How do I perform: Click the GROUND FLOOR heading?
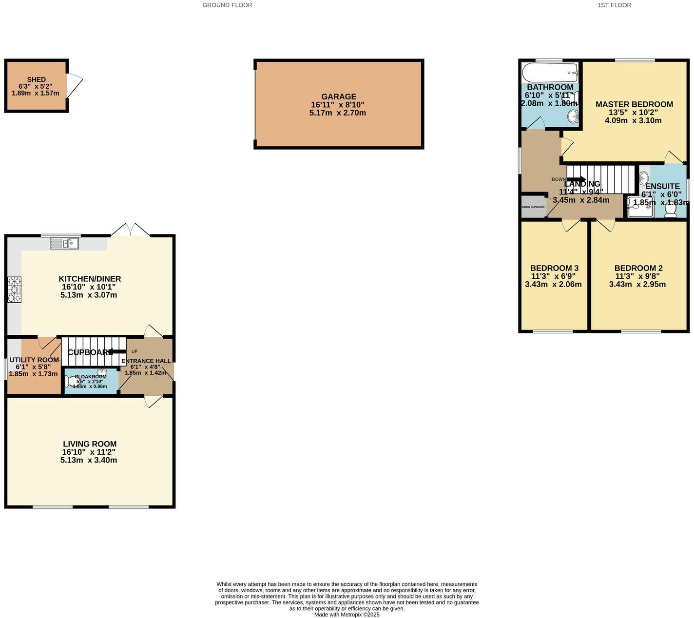(x=227, y=5)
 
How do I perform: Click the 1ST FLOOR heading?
(x=614, y=5)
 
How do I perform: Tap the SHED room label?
(x=36, y=79)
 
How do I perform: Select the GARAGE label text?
(x=339, y=97)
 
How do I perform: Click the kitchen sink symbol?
(x=64, y=243)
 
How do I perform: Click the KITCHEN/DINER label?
(x=90, y=279)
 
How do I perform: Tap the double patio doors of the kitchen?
(x=130, y=231)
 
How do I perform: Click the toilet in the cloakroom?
(x=71, y=381)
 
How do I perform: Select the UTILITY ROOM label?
(x=34, y=360)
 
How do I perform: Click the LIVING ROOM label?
(x=90, y=444)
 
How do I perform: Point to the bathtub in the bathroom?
(x=549, y=74)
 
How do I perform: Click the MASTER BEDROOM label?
(x=634, y=104)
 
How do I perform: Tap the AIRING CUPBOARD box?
(x=533, y=207)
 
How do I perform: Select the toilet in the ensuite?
(x=671, y=210)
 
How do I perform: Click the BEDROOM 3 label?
(x=554, y=268)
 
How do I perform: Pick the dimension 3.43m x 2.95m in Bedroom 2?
(x=637, y=285)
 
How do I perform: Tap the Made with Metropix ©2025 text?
(x=347, y=615)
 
